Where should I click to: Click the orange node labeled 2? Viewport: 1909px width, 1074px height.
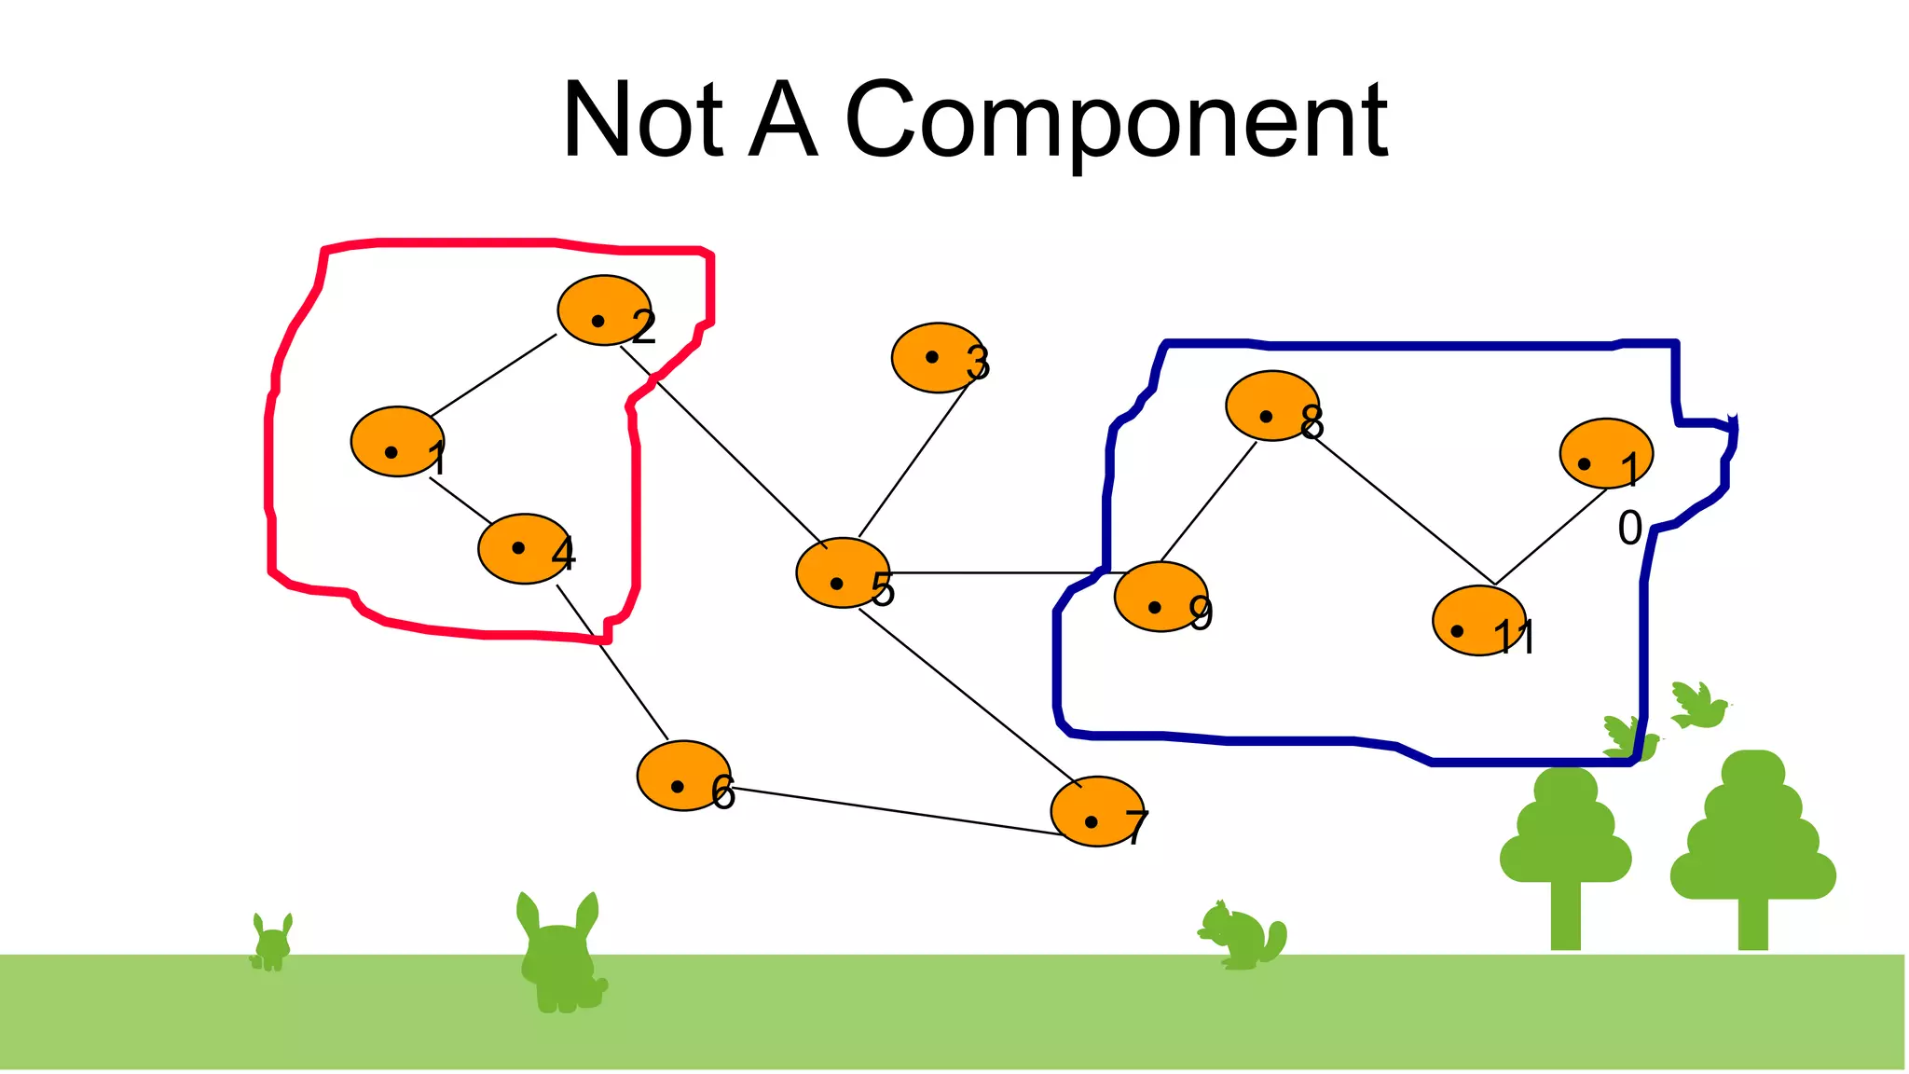point(604,310)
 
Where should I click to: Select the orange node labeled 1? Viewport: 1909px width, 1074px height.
point(397,442)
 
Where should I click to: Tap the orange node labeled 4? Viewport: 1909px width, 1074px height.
point(525,549)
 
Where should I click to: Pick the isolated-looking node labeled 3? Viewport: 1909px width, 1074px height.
point(938,358)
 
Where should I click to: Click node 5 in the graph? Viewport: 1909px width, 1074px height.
point(843,573)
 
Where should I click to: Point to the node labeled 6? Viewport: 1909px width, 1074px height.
point(683,776)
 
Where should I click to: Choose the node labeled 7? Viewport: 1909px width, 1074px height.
point(1097,811)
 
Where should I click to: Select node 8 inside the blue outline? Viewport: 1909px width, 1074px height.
point(1272,406)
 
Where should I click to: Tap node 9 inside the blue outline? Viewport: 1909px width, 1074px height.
point(1161,597)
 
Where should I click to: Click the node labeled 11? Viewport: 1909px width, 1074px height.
point(1479,621)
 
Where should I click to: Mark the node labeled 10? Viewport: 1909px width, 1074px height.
point(1606,453)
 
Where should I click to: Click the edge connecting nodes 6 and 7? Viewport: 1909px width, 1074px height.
point(895,811)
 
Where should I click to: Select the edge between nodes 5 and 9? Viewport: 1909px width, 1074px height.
point(997,572)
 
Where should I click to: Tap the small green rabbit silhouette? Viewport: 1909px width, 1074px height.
point(272,943)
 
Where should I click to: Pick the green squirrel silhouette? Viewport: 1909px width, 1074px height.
point(1243,936)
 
